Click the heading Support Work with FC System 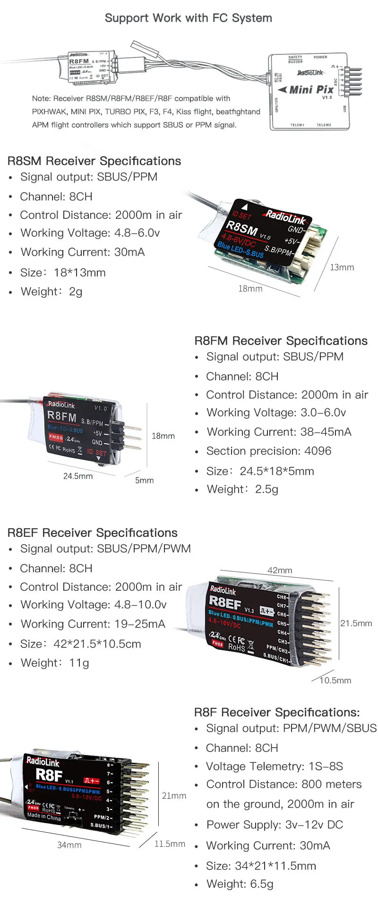click(188, 18)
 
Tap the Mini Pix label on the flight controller click(311, 89)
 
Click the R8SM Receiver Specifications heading click(94, 161)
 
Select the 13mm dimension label click(342, 267)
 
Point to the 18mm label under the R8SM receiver click(250, 289)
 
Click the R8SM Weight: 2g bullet click(51, 292)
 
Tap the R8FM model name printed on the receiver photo click(61, 416)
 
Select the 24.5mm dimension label click(78, 476)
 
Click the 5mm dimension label click(144, 480)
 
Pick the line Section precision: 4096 click(268, 451)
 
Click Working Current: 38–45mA click(279, 432)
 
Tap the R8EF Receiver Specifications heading click(93, 533)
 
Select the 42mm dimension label click(280, 570)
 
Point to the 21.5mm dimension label click(356, 623)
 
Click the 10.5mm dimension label click(335, 680)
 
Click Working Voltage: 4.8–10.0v click(93, 605)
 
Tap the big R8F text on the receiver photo click(49, 775)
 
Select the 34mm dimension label click(69, 845)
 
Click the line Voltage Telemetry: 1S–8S click(274, 766)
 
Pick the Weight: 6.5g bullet click(240, 884)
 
